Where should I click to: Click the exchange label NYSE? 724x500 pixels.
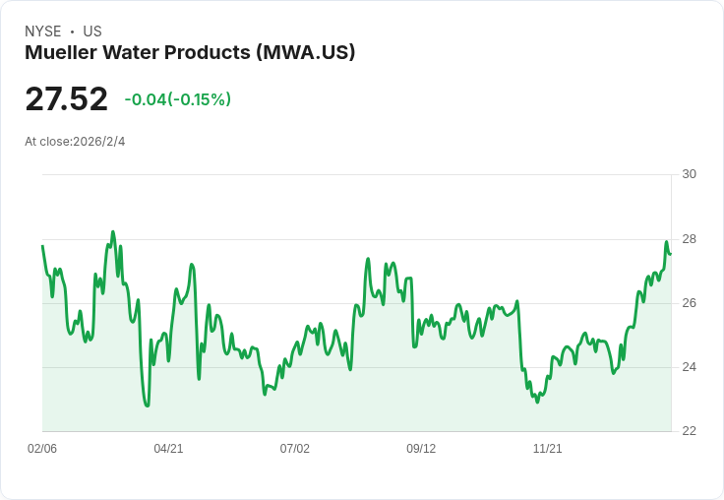(x=42, y=31)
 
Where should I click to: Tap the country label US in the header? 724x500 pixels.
(x=92, y=31)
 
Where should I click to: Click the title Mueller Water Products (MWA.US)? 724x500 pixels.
(x=190, y=52)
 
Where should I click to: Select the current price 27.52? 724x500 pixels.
(x=67, y=99)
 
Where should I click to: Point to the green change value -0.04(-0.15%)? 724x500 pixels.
(x=178, y=99)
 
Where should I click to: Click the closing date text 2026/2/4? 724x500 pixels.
(x=99, y=142)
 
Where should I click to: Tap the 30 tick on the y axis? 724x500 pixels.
(x=690, y=174)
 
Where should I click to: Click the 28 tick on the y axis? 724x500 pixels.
(x=690, y=239)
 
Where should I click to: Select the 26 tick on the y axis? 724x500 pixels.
(x=690, y=303)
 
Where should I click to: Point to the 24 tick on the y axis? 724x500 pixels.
(x=690, y=367)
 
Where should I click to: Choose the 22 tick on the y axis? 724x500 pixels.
(x=690, y=431)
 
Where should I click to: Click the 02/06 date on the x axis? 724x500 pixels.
(x=42, y=449)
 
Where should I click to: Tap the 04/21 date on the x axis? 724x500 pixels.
(x=168, y=449)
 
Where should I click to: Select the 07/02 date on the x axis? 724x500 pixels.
(x=295, y=449)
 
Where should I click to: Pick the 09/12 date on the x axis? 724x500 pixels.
(x=421, y=449)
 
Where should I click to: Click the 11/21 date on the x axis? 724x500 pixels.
(x=547, y=449)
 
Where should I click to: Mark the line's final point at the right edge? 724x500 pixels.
(x=671, y=253)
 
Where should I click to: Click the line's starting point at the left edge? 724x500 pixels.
(x=42, y=246)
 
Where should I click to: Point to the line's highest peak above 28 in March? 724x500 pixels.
(x=113, y=232)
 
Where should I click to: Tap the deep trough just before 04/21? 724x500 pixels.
(x=148, y=406)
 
